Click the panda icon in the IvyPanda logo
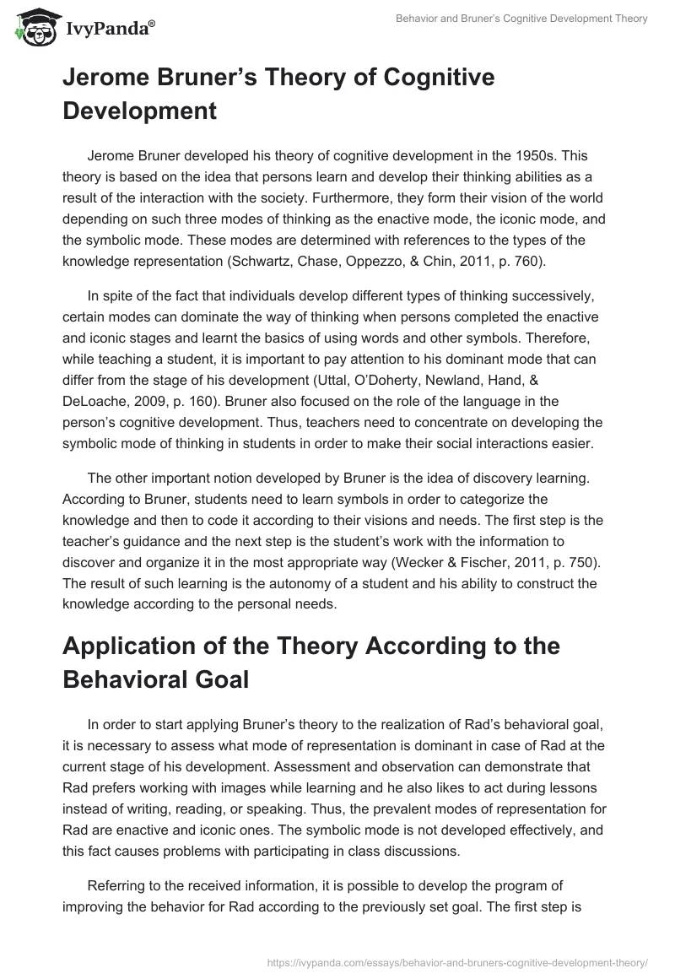(33, 27)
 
